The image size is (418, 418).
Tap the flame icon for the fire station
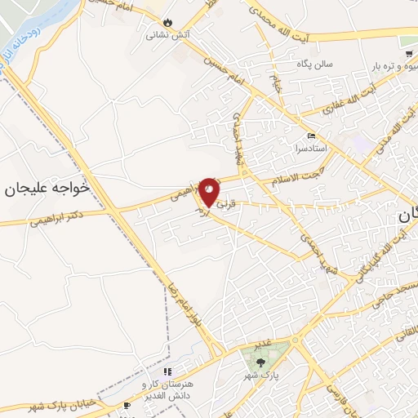point(168,22)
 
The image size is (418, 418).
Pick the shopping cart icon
point(408,54)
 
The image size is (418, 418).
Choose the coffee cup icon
point(127,404)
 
